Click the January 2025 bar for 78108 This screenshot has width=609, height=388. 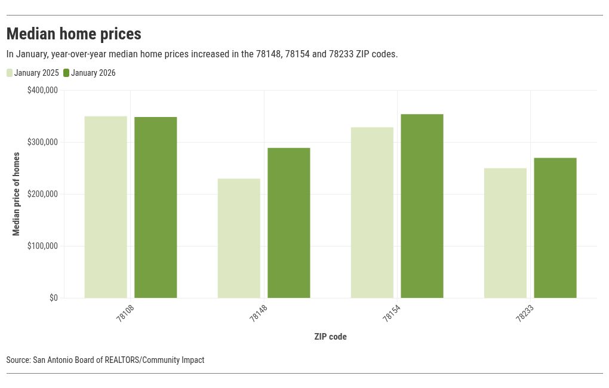[x=106, y=207]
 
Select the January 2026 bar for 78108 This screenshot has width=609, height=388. [x=155, y=207]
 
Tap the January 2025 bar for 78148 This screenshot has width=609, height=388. [x=239, y=238]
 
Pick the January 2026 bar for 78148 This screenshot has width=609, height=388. [x=288, y=223]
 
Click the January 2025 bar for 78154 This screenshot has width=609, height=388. [x=372, y=213]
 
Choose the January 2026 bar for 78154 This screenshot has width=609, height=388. [x=422, y=206]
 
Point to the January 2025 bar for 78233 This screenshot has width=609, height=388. [x=505, y=233]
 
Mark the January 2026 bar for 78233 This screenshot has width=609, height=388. [x=555, y=227]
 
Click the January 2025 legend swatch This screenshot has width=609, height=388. [x=10, y=73]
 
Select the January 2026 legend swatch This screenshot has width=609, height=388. [x=66, y=73]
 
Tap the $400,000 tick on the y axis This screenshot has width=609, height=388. [x=42, y=90]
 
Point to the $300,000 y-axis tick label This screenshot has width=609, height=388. [x=42, y=142]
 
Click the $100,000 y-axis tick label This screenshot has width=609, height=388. [x=42, y=246]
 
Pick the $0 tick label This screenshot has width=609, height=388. [x=53, y=298]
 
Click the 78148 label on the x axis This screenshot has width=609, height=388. [x=259, y=312]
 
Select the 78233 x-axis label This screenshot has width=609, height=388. [x=525, y=312]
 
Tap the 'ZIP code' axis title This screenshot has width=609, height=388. [x=330, y=337]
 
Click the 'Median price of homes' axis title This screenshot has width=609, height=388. [x=16, y=194]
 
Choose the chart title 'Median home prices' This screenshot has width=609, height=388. [x=73, y=33]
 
